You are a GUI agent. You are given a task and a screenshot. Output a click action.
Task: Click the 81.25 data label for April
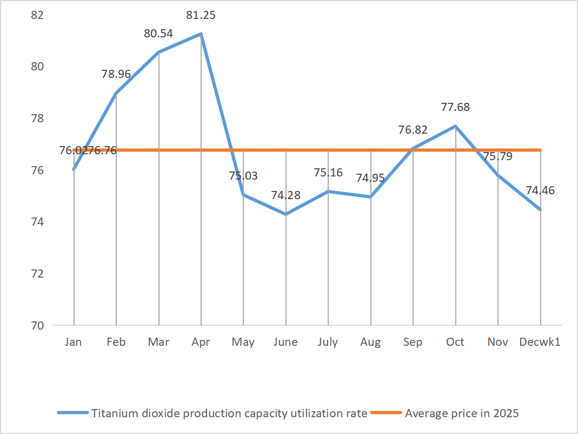pyautogui.click(x=201, y=15)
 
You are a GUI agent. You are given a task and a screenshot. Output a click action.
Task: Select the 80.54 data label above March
pyautogui.click(x=158, y=34)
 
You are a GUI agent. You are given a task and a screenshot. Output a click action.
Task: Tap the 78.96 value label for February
pyautogui.click(x=116, y=74)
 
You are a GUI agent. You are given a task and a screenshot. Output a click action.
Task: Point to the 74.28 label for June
pyautogui.click(x=285, y=195)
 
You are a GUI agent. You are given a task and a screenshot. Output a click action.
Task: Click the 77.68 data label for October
pyautogui.click(x=455, y=107)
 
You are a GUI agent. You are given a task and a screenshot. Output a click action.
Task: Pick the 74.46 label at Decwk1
pyautogui.click(x=540, y=190)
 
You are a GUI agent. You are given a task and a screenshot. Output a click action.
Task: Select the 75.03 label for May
pyautogui.click(x=243, y=176)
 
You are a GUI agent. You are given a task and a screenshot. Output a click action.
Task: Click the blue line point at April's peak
pyautogui.click(x=201, y=34)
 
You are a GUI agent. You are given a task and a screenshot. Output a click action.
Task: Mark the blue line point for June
pyautogui.click(x=286, y=214)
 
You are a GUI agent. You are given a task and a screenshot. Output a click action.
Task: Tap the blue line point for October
pyautogui.click(x=456, y=126)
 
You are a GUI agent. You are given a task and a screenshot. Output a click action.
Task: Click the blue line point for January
pyautogui.click(x=74, y=169)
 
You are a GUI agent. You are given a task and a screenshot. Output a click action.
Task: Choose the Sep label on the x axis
pyautogui.click(x=413, y=342)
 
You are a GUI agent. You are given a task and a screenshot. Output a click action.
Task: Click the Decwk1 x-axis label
pyautogui.click(x=540, y=342)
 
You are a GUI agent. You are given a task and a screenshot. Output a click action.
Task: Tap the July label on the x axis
pyautogui.click(x=328, y=342)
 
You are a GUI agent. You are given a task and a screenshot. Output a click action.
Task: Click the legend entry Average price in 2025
pyautogui.click(x=462, y=413)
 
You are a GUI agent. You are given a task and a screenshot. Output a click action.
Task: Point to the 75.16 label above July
pyautogui.click(x=328, y=173)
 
